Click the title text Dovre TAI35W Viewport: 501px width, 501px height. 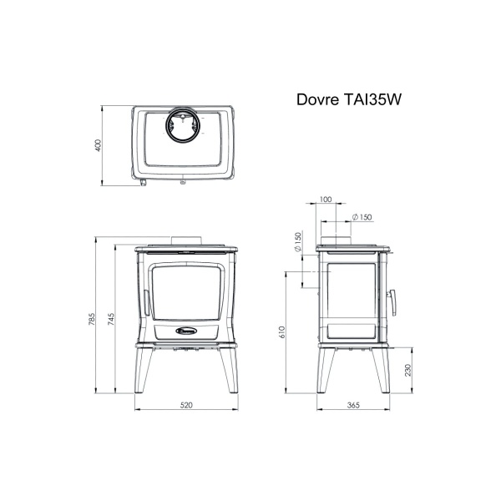pyautogui.click(x=348, y=99)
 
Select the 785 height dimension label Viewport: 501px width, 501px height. pyautogui.click(x=91, y=319)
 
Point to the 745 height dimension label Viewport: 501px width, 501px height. pyautogui.click(x=110, y=319)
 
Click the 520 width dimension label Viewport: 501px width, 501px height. pyautogui.click(x=186, y=405)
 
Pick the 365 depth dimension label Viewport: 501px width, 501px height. pyautogui.click(x=353, y=405)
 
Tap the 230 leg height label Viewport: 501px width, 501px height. pyautogui.click(x=408, y=370)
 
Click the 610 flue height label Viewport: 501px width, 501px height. pyautogui.click(x=281, y=332)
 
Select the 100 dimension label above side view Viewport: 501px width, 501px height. pyautogui.click(x=326, y=200)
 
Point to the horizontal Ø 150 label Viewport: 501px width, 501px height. pyautogui.click(x=362, y=217)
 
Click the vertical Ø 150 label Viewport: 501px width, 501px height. pyautogui.click(x=298, y=242)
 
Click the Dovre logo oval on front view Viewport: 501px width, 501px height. pyautogui.click(x=186, y=331)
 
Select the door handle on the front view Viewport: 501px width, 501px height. pyautogui.click(x=146, y=303)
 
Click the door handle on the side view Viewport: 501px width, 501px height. pyautogui.click(x=392, y=302)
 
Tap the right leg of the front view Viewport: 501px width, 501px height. pyautogui.click(x=230, y=370)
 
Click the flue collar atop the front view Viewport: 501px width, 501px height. pyautogui.click(x=186, y=241)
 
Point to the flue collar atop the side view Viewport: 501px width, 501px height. pyautogui.click(x=337, y=241)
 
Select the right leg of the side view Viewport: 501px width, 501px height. pyautogui.click(x=382, y=370)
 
